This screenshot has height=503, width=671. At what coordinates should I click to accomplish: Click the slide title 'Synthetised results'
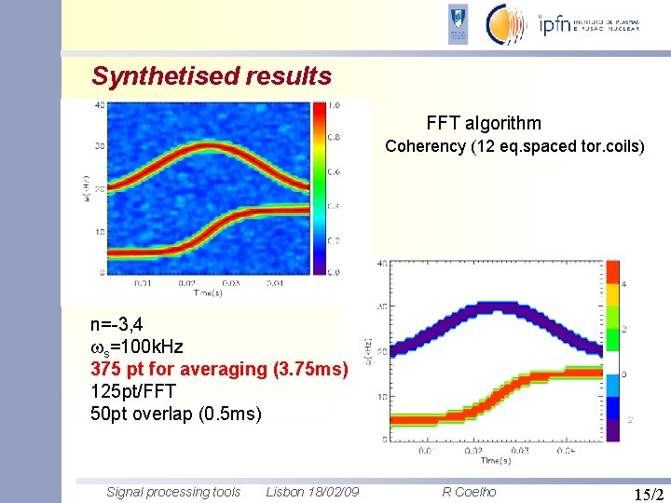pos(212,75)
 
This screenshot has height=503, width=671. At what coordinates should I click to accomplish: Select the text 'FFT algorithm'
pos(483,123)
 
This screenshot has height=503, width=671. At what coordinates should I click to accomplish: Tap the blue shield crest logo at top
pos(459,24)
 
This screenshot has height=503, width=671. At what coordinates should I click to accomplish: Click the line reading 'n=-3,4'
pos(116,325)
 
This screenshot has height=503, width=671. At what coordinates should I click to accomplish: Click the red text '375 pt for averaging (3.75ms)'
pos(219,369)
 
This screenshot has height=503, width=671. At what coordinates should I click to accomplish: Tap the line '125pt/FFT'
pos(132,390)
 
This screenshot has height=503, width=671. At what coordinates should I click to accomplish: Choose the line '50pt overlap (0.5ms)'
pos(175,413)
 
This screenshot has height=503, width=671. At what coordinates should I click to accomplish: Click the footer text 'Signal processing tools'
pos(173,492)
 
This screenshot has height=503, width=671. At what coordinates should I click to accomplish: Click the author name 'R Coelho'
pos(469,492)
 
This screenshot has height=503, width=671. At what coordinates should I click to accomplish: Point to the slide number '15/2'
pos(648,493)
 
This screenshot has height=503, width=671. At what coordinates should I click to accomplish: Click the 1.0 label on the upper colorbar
pos(333,105)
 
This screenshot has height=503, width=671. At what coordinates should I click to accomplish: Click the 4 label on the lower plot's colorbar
pos(623,285)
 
